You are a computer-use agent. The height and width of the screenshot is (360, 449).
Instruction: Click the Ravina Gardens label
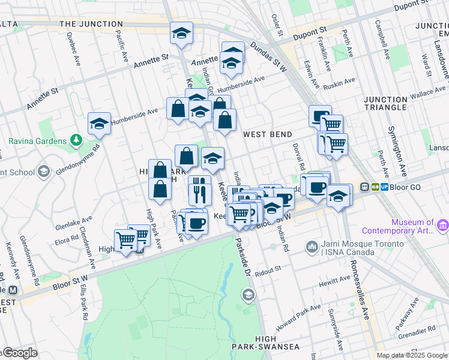point(37,141)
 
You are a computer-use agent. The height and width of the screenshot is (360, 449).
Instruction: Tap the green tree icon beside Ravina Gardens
point(76,140)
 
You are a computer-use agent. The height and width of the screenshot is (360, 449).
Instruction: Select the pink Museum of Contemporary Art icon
point(443,225)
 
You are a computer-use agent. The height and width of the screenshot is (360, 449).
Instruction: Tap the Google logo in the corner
point(19,353)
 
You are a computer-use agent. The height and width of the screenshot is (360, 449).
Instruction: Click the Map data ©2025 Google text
point(412,355)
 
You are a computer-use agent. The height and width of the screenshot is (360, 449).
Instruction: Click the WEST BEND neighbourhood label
point(268,134)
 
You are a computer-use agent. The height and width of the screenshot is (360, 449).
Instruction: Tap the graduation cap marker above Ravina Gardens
point(100,124)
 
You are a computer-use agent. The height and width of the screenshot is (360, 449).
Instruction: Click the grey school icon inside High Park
point(248,295)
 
